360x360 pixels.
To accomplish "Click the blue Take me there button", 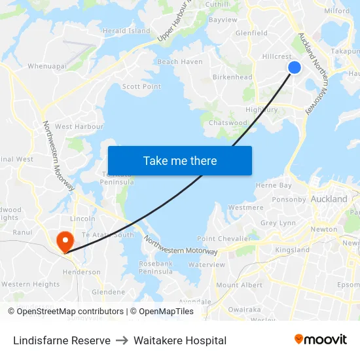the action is click(180, 160).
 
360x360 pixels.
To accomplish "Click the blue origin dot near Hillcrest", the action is click(295, 67).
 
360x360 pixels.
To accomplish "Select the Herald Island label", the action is click(126, 31).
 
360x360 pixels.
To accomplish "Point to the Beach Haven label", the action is click(180, 62).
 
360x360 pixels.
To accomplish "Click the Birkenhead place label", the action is click(232, 77).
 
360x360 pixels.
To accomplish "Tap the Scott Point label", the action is click(141, 86).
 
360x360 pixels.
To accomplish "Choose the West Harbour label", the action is click(79, 126).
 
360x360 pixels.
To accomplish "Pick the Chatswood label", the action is click(228, 122).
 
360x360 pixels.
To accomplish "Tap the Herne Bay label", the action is click(274, 186).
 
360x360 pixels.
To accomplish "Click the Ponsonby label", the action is click(289, 199).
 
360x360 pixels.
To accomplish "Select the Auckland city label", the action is click(329, 198).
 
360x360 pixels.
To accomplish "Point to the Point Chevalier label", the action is click(224, 239).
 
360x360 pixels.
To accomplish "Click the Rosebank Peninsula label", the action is click(156, 267).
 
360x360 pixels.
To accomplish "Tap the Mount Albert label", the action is click(239, 285).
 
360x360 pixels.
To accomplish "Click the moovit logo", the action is click(320, 339).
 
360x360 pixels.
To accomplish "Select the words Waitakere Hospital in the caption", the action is click(180, 340).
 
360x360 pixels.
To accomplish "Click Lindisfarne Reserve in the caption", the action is click(62, 340).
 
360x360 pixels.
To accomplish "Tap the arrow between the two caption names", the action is click(122, 340).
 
